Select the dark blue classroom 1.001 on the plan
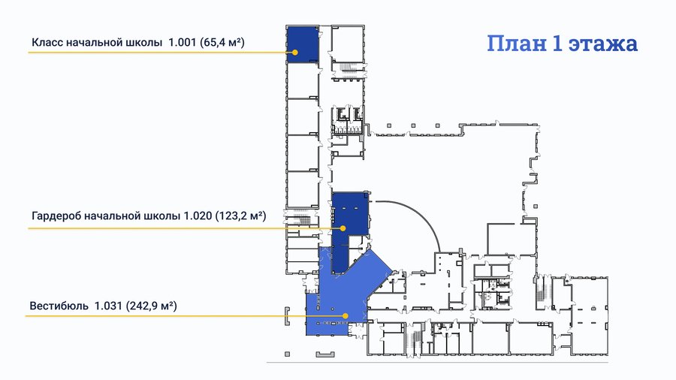pos(303,44)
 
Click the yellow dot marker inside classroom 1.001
pos(295,52)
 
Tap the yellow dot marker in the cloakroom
pos(343,228)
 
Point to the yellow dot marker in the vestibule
pos(346,316)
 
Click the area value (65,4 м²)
pos(222,42)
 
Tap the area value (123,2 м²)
pos(240,216)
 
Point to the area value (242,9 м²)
pos(151,306)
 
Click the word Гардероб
pos(56,216)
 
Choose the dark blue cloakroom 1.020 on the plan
pos(349,216)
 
